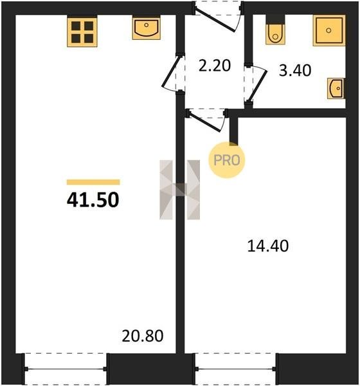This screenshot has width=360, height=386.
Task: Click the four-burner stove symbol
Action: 82,32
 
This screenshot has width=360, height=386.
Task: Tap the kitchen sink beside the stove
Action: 147,28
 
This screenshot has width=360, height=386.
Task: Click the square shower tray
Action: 329,30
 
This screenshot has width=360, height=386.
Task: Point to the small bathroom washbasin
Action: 336,88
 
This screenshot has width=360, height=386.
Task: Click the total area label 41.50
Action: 93,199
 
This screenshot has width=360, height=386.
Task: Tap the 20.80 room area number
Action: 143,336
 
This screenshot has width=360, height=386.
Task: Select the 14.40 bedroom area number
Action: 267,246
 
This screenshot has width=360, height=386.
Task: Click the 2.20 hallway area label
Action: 215,66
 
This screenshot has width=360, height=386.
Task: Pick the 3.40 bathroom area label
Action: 295,70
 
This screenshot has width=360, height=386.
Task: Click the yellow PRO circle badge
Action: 227,160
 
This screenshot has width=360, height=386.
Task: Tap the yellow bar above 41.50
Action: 93,182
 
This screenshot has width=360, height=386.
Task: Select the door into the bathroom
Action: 256,84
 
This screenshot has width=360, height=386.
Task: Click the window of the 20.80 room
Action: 66,369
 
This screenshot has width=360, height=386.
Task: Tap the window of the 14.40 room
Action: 236,369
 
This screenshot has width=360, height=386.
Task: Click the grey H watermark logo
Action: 180,190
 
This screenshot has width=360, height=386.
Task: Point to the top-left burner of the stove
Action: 76,26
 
